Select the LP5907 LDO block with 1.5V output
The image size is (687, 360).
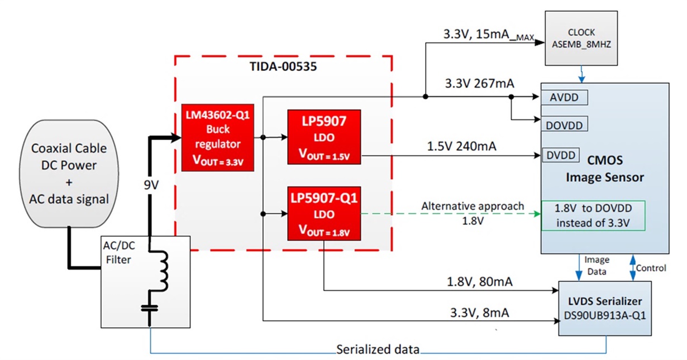[x=324, y=137]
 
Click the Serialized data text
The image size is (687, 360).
[x=378, y=350]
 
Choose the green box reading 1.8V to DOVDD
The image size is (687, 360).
[x=593, y=216]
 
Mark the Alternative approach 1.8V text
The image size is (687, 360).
[x=473, y=212]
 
